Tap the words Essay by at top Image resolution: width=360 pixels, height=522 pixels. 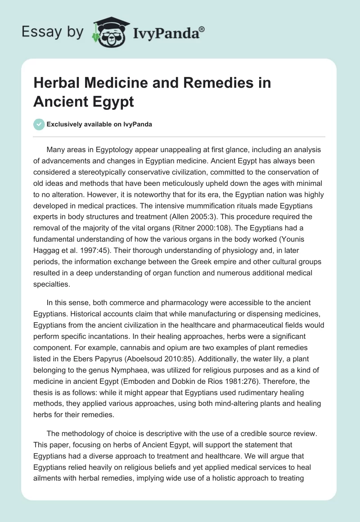pos(53,32)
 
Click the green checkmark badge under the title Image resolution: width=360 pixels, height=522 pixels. pos(38,124)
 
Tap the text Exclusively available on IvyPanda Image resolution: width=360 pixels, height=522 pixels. pos(99,125)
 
